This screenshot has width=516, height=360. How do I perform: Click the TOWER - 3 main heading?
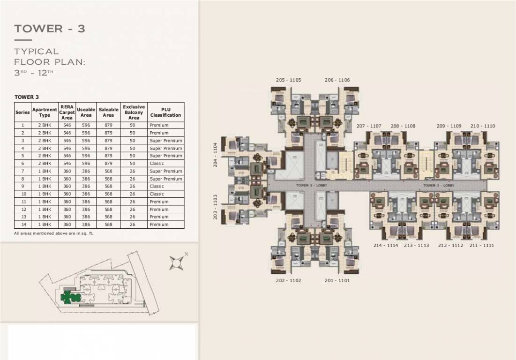tap(50, 29)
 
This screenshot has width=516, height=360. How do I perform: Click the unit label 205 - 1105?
tap(288, 80)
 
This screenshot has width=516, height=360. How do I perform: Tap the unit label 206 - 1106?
tap(337, 80)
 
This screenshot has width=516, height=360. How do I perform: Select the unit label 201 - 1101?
tap(337, 280)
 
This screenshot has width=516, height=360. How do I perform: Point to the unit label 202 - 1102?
tap(288, 280)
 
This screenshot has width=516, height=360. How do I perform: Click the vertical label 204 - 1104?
tap(216, 155)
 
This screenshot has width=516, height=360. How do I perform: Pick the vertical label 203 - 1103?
tap(216, 207)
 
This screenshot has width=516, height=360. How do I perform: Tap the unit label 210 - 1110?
tap(483, 126)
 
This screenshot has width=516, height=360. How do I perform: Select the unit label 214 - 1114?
tap(386, 245)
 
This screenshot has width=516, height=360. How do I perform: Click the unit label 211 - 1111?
tap(482, 245)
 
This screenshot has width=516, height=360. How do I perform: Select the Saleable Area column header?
tap(108, 112)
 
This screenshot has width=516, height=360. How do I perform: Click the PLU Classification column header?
tap(165, 112)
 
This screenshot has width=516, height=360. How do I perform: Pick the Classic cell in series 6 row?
tap(157, 163)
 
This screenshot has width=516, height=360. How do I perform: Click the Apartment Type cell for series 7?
tap(45, 171)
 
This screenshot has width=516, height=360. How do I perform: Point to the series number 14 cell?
tap(22, 225)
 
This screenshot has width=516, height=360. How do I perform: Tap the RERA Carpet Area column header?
tap(67, 112)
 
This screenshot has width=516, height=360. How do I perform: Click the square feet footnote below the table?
tap(54, 233)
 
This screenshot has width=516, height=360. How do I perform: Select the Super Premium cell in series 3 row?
tap(166, 141)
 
